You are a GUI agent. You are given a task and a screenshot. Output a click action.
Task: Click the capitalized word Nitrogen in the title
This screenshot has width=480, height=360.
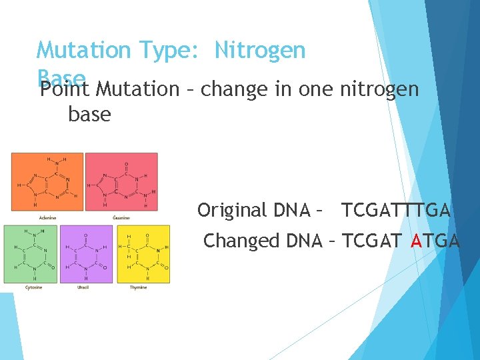coord(260,51)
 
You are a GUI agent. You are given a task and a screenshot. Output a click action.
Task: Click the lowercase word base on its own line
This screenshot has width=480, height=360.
coord(89,115)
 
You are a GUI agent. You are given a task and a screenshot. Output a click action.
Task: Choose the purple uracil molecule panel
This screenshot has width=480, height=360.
coord(86,253)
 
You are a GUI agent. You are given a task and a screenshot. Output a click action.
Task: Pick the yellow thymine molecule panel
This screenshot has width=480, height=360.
coord(143,253)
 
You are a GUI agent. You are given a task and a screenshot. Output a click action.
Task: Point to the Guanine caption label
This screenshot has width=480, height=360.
coord(121,217)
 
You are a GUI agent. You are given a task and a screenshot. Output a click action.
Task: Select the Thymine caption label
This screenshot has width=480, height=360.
coord(137,287)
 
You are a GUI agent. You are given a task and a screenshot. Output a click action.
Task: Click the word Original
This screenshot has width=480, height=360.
coord(232,211)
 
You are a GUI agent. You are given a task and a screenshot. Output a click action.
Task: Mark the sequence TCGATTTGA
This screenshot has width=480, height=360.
coord(396,211)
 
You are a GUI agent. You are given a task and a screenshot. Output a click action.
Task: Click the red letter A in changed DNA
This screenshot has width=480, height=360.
coord(417,241)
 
